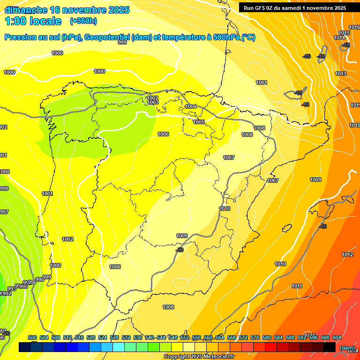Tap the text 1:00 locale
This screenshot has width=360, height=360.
coord(33,21)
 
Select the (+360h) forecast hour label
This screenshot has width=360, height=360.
coord(83,21)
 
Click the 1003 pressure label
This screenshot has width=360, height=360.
coord(153,102)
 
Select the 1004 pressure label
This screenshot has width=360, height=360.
coord(191,106)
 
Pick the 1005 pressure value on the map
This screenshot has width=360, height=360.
coord(199,122)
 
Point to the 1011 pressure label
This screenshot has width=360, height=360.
coord(297,286)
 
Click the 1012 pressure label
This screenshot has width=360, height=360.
coord(347,255)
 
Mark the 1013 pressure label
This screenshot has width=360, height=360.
coord(341,74)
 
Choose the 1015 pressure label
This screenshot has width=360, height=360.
coord(344,33)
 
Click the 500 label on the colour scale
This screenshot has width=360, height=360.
coord(32,337)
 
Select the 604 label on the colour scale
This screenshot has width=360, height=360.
coord(337,337)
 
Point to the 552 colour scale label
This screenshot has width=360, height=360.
coord(185,337)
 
